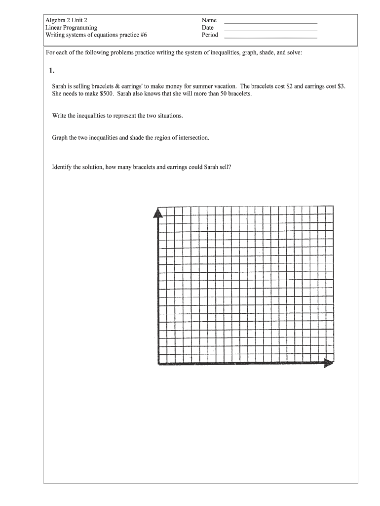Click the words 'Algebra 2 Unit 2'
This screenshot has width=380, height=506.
click(x=66, y=20)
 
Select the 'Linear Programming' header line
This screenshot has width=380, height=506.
click(x=71, y=28)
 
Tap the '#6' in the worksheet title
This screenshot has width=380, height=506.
click(x=143, y=35)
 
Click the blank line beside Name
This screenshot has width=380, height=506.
click(x=270, y=23)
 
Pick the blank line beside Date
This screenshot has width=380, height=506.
click(x=270, y=30)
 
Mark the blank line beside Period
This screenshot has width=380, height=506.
click(x=270, y=38)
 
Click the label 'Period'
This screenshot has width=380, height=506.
click(x=210, y=35)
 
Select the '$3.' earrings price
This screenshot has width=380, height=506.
click(x=341, y=86)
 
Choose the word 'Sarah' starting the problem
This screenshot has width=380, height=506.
click(x=61, y=86)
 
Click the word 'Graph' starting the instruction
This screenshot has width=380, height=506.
click(x=60, y=138)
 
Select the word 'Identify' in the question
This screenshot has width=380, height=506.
click(x=62, y=167)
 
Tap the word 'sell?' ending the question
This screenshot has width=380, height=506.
click(x=224, y=167)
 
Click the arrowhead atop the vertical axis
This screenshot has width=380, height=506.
click(x=158, y=212)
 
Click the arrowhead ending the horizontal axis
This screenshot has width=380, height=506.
click(x=329, y=364)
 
